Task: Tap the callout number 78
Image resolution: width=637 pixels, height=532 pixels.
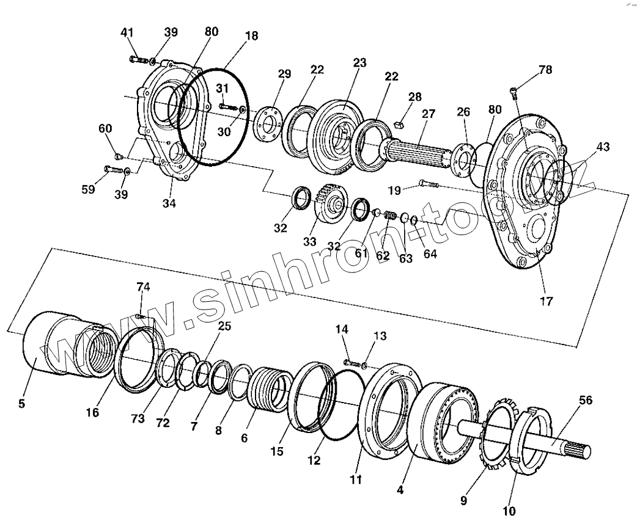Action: click(545, 70)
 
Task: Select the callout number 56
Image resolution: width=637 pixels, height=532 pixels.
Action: click(586, 401)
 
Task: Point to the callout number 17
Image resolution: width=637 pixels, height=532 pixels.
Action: click(546, 301)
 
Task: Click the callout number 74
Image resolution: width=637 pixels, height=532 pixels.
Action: click(143, 286)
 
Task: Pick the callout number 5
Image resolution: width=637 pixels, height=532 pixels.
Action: click(23, 403)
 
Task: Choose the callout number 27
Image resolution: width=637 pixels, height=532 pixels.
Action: click(428, 114)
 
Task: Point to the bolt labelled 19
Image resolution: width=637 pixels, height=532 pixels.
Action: click(430, 183)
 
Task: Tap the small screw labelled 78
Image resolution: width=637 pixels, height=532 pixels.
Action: click(514, 93)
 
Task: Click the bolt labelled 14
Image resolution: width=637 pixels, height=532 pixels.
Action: click(351, 362)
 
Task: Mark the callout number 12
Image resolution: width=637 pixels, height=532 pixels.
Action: click(314, 461)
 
